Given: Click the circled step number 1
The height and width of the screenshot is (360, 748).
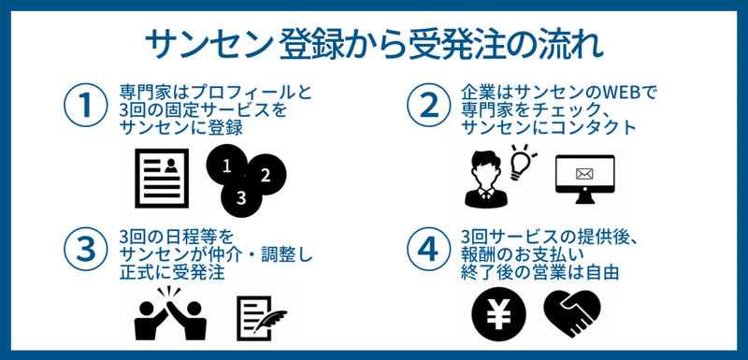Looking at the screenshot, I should [x=85, y=105].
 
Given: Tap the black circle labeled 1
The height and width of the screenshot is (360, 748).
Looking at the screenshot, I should [x=225, y=166].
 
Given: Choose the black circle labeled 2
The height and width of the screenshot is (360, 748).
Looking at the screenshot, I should [x=266, y=174].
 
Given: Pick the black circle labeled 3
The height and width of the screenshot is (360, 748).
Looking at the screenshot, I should [x=240, y=196].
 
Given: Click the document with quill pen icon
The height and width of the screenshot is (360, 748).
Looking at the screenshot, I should [x=260, y=316].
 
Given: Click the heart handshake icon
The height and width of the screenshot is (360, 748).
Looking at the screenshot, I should [x=578, y=313].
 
